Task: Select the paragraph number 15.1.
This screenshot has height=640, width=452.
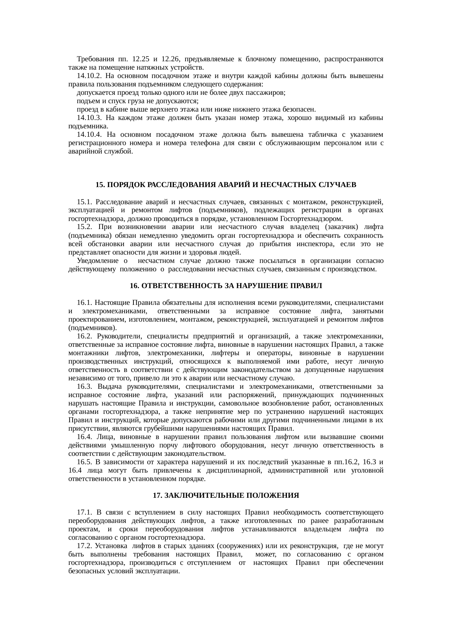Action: (x=85, y=202)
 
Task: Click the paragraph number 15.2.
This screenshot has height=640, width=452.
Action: (x=85, y=227)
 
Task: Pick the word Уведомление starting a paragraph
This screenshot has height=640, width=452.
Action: (x=97, y=261)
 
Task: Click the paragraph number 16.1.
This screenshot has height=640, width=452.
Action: (x=85, y=302)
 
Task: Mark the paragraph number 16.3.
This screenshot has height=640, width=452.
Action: (x=86, y=387)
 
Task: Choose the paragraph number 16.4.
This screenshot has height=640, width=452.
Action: (x=85, y=437)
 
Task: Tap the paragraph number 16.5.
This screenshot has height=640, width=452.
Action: (x=85, y=462)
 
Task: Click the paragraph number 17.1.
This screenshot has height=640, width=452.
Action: (x=85, y=512)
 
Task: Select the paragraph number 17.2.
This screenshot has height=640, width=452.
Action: (x=85, y=546)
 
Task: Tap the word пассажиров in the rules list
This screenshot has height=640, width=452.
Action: (x=269, y=93)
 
